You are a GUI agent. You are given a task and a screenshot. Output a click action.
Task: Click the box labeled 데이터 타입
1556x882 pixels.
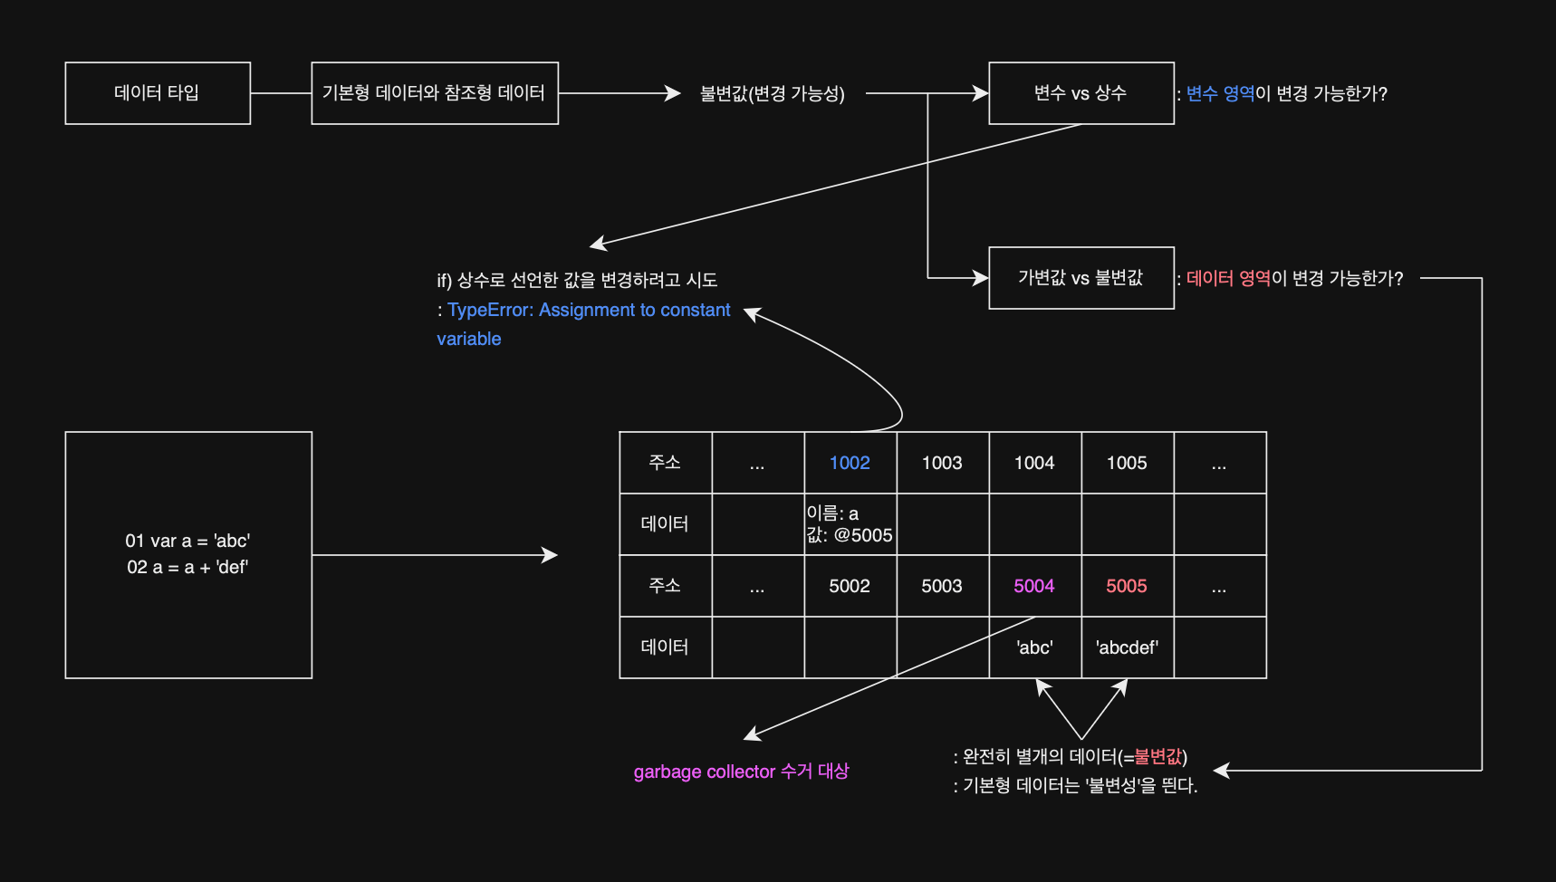tap(158, 93)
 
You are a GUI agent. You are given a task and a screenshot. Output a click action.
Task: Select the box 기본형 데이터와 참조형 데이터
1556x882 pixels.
tap(435, 93)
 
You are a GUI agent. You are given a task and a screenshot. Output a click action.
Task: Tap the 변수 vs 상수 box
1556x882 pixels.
tap(1081, 93)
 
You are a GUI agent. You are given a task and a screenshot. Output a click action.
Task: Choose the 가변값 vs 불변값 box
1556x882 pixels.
tap(1081, 278)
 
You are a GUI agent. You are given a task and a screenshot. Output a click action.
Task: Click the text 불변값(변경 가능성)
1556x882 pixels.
tap(773, 94)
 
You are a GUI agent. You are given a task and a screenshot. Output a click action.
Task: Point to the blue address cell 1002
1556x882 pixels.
tap(850, 463)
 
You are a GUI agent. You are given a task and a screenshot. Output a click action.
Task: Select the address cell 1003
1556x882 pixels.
tap(942, 463)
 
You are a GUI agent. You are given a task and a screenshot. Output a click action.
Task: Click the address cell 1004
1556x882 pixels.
tap(1034, 463)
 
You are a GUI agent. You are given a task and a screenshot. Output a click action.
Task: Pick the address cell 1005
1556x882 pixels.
tap(1127, 463)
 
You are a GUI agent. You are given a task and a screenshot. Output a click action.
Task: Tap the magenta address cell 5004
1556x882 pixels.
tap(1034, 586)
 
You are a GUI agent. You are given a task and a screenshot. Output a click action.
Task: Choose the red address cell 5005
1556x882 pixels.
tap(1127, 586)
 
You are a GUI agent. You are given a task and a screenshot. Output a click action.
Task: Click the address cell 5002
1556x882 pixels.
tap(850, 586)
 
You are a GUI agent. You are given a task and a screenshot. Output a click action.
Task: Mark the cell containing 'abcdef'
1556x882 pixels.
tap(1127, 647)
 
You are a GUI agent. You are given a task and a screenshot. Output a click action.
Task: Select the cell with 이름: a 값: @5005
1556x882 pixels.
tap(850, 524)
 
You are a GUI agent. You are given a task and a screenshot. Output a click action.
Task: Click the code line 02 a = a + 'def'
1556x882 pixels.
tap(187, 568)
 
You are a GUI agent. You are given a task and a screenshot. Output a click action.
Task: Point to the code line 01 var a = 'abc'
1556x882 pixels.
tap(187, 542)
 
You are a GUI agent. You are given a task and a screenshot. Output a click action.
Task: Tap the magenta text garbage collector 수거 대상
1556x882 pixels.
tap(741, 772)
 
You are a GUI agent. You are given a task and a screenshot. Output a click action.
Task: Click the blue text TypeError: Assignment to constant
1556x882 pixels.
tap(589, 311)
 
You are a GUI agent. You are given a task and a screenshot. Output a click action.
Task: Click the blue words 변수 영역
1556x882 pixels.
tap(1220, 94)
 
